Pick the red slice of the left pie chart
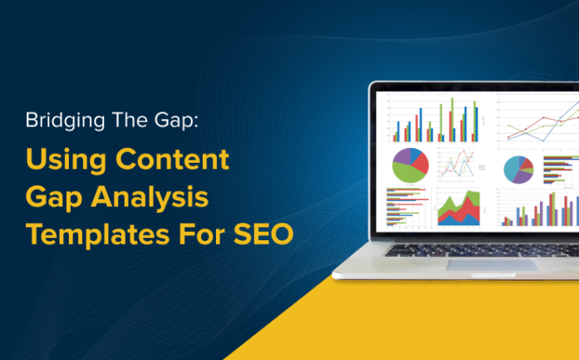click(x=421, y=160)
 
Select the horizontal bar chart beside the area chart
click(x=405, y=209)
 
